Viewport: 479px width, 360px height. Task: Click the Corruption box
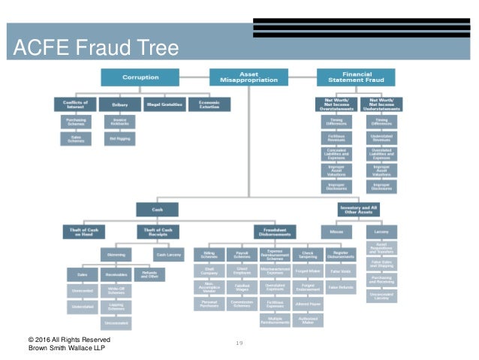[141, 77]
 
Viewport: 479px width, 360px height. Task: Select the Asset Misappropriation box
[248, 77]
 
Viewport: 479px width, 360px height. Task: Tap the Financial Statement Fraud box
[355, 77]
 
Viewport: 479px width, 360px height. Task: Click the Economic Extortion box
[203, 104]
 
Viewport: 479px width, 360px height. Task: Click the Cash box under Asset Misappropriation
[157, 209]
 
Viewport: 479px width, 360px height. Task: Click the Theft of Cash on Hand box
[83, 232]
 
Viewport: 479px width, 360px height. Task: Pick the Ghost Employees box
[241, 272]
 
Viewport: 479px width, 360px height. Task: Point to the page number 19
[240, 343]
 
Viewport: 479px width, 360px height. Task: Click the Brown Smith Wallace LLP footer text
[70, 349]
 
